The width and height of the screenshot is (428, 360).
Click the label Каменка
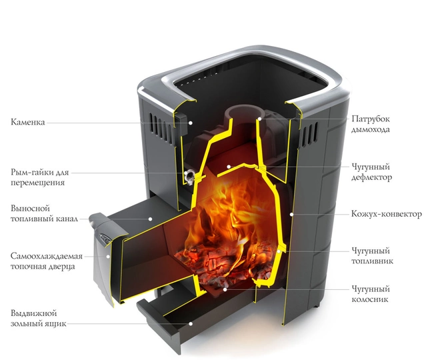click(x=28, y=122)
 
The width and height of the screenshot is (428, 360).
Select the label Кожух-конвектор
click(x=386, y=214)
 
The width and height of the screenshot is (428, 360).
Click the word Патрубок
click(x=371, y=119)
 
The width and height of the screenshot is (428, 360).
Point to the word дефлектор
click(x=371, y=177)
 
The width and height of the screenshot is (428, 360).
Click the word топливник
click(x=372, y=261)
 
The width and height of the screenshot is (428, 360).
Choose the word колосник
click(x=369, y=299)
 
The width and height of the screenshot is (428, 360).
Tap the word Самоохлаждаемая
click(x=47, y=256)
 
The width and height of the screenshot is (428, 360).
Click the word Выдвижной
click(x=33, y=313)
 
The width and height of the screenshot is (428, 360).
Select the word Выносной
click(x=30, y=209)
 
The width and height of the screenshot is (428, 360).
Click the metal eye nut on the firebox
click(x=189, y=175)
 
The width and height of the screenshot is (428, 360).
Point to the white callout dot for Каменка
click(x=191, y=123)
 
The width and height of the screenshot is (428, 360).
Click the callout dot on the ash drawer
click(x=191, y=324)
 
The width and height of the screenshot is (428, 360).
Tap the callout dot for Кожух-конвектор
click(x=291, y=215)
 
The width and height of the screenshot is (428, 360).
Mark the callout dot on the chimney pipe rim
click(x=260, y=119)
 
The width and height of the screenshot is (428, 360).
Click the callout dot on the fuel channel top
click(x=150, y=219)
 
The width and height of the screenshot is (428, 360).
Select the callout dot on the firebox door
click(x=108, y=257)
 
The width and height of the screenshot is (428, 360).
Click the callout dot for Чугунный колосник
click(x=225, y=289)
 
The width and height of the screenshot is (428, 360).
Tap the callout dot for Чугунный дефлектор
click(x=229, y=167)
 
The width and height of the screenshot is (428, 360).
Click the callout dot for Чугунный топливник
click(x=279, y=251)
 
